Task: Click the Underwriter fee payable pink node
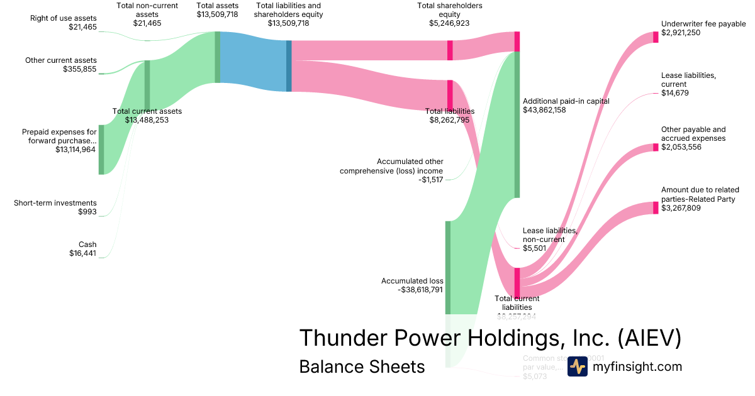click(656, 36)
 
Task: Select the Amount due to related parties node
click(656, 208)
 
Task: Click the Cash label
click(87, 245)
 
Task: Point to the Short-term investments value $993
click(87, 212)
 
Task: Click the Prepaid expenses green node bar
click(101, 150)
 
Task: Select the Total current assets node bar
click(147, 85)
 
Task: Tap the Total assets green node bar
click(218, 57)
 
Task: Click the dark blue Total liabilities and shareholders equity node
click(289, 66)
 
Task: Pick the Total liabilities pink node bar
click(450, 95)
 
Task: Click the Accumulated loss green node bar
click(448, 267)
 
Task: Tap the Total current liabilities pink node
click(517, 281)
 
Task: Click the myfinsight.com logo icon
click(577, 366)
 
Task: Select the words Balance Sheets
click(362, 366)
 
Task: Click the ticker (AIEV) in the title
click(649, 338)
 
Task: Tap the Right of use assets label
click(64, 18)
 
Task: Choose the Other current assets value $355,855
click(80, 69)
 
